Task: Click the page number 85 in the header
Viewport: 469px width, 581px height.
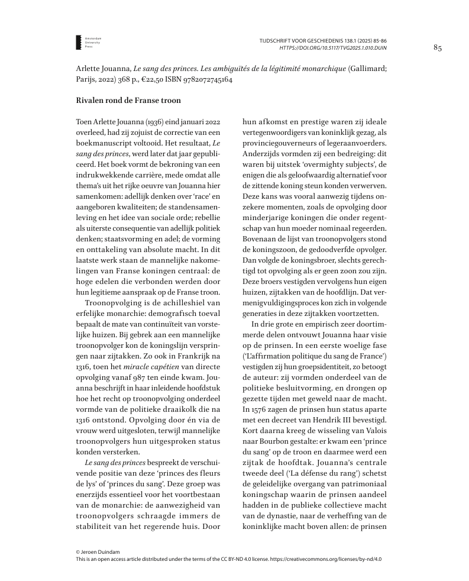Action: coord(438,47)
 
